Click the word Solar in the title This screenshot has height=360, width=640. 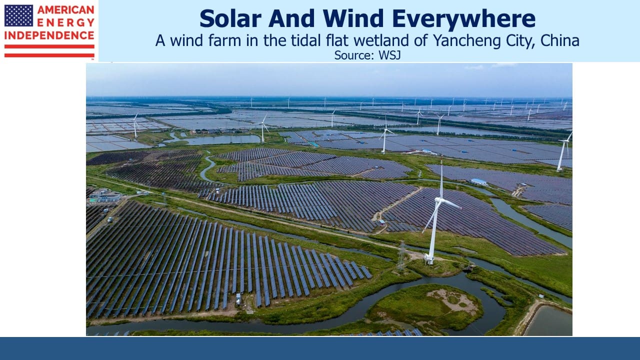tap(230, 18)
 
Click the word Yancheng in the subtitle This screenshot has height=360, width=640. tap(467, 40)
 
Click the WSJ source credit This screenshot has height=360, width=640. tap(389, 55)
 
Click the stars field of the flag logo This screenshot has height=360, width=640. tap(18, 15)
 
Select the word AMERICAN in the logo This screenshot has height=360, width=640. tap(65, 9)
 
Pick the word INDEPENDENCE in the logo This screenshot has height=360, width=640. tap(49, 35)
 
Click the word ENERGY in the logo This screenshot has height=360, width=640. tap(65, 22)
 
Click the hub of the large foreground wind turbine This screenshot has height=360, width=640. tap(438, 199)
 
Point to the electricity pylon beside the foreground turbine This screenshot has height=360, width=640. tap(401, 256)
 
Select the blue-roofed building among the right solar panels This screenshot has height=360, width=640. tap(478, 181)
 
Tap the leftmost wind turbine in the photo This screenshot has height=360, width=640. tap(135, 125)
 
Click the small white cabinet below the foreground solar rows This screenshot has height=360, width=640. tap(238, 299)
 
